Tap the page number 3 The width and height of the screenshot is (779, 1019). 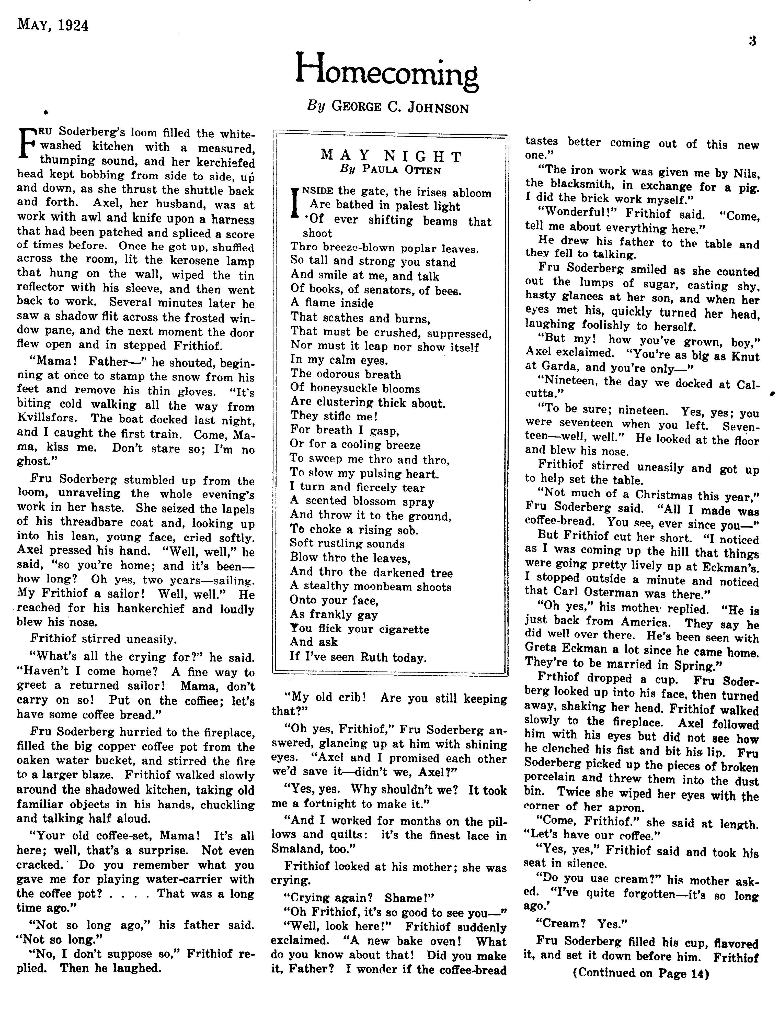(x=752, y=41)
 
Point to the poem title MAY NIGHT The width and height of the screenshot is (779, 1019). (x=391, y=156)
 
